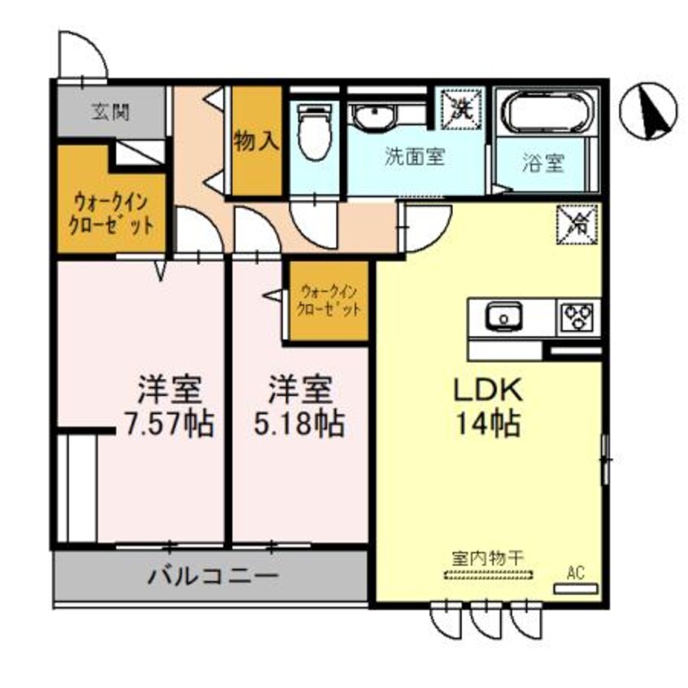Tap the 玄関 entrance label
[x=109, y=112]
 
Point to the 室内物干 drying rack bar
[x=488, y=576]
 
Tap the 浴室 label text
[x=542, y=163]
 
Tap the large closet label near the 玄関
[x=112, y=214]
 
